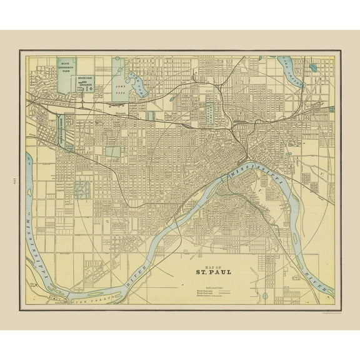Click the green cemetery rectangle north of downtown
click(x=211, y=112)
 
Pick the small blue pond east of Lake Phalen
click(x=312, y=67)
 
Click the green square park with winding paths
click(x=82, y=191)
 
